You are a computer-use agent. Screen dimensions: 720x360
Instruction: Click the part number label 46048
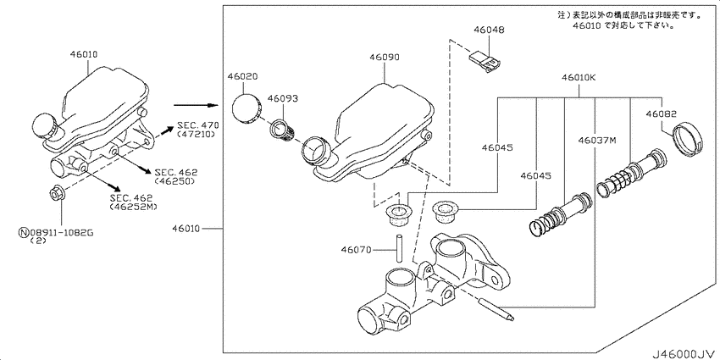click(489, 30)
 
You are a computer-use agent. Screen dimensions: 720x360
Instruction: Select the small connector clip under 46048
click(485, 61)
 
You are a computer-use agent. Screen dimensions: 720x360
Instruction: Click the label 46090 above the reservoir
click(385, 58)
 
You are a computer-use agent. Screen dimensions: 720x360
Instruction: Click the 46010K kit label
click(578, 78)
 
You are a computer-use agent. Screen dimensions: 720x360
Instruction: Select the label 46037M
click(596, 140)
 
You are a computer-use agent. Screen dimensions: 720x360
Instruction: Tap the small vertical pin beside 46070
click(400, 248)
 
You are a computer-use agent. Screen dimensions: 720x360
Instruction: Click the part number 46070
click(356, 250)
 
